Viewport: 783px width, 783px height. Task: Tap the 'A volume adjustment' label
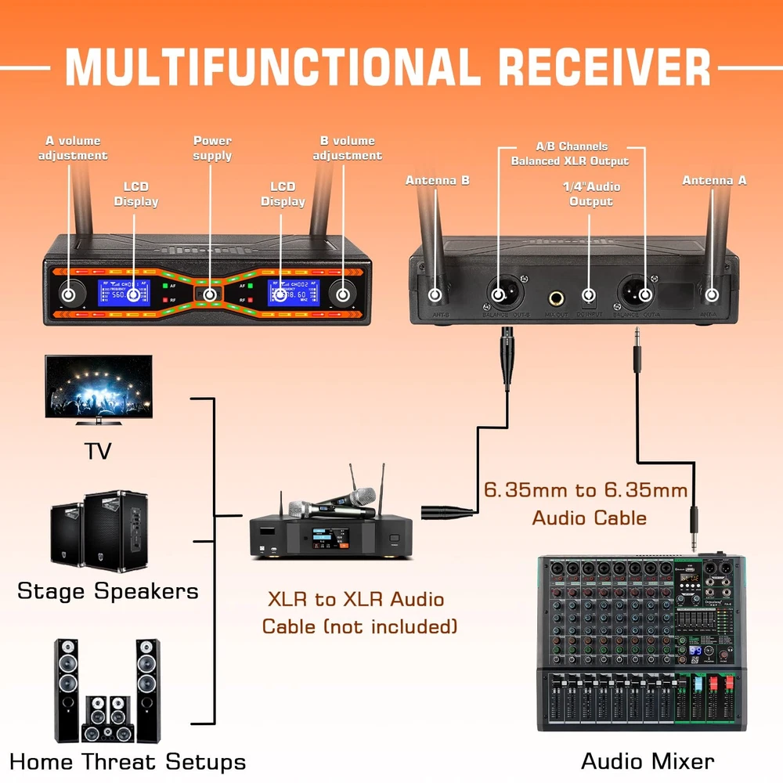tap(73, 148)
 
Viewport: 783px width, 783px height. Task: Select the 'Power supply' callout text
tap(212, 148)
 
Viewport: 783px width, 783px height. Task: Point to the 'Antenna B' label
tap(437, 181)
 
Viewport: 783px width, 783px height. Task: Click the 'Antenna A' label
tap(714, 181)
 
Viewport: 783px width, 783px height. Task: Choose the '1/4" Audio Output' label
tap(591, 194)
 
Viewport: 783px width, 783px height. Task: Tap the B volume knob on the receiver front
tap(343, 295)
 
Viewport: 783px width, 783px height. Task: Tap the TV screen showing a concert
tap(99, 389)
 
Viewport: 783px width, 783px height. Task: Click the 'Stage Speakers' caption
tap(108, 590)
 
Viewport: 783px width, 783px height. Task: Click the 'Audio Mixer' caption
tap(648, 761)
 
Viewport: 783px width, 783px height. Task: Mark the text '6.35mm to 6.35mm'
tap(586, 491)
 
